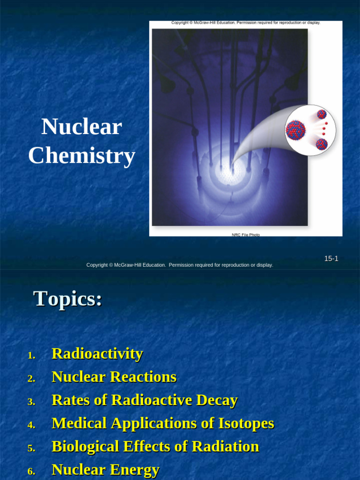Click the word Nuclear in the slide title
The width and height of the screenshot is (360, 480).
pyautogui.click(x=82, y=127)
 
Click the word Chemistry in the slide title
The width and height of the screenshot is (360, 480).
pyautogui.click(x=82, y=156)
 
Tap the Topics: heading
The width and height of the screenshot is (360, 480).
pyautogui.click(x=67, y=299)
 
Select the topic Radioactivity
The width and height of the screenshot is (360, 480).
pyautogui.click(x=97, y=353)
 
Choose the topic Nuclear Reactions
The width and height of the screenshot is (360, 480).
pyautogui.click(x=114, y=377)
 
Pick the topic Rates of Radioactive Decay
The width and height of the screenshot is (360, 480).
pyautogui.click(x=144, y=400)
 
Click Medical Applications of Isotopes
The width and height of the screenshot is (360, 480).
pyautogui.click(x=163, y=423)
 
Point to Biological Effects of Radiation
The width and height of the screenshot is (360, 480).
pyautogui.click(x=155, y=447)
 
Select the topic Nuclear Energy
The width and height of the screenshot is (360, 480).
pyautogui.click(x=105, y=470)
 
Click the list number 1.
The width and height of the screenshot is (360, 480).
pyautogui.click(x=31, y=355)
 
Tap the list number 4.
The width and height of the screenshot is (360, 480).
pyautogui.click(x=31, y=425)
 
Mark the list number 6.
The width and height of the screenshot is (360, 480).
pyautogui.click(x=31, y=472)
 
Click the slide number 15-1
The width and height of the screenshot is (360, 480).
pyautogui.click(x=331, y=259)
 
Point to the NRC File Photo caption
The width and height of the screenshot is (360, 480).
pyautogui.click(x=246, y=235)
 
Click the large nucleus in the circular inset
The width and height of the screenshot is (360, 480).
pyautogui.click(x=296, y=130)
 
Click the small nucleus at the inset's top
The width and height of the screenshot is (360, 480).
pyautogui.click(x=322, y=114)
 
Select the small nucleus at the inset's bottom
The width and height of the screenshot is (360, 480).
pyautogui.click(x=322, y=144)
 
